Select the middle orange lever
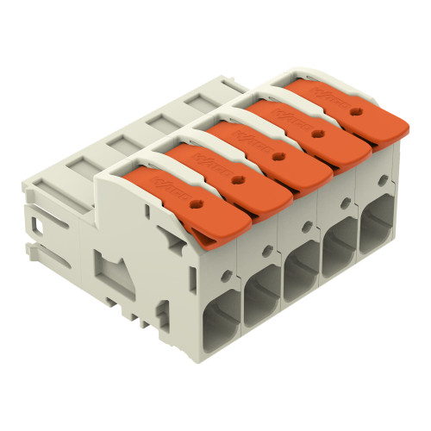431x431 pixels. point(274,155)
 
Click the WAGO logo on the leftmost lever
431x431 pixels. point(166,183)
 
